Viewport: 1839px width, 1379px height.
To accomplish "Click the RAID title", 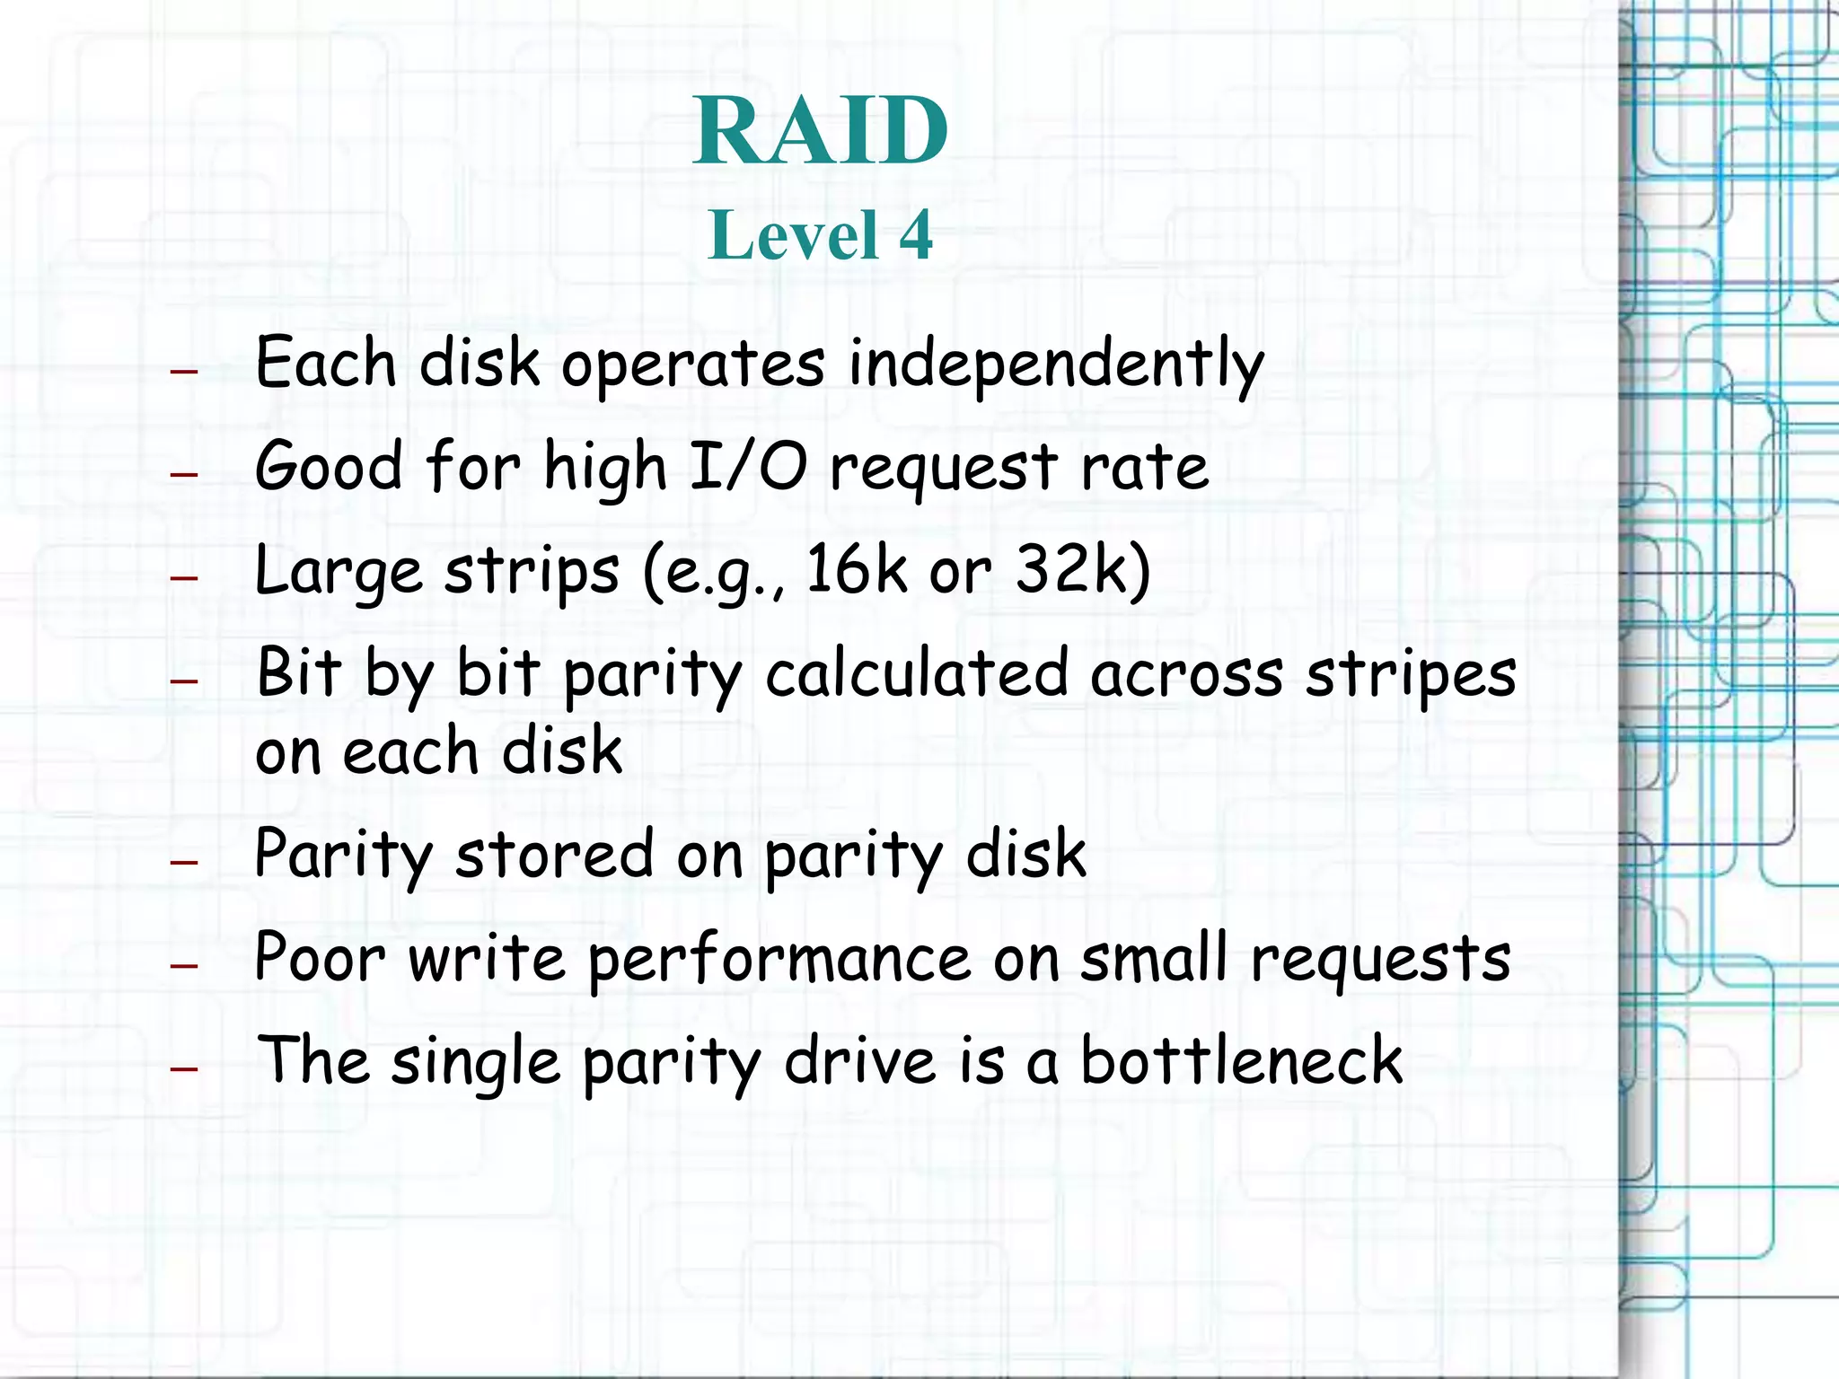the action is pyautogui.click(x=820, y=131).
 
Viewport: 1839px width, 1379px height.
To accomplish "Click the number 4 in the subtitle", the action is pyautogui.click(x=916, y=235).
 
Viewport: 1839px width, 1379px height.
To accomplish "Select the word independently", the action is pyautogui.click(x=1056, y=365).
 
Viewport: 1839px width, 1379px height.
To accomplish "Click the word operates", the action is pyautogui.click(x=692, y=365).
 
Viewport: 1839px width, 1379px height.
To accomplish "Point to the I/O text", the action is pyautogui.click(x=748, y=468).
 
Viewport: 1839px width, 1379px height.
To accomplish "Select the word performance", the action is pyautogui.click(x=779, y=960).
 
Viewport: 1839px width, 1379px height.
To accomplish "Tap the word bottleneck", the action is pyautogui.click(x=1240, y=1060).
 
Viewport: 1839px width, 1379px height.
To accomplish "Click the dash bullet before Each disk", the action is pyautogui.click(x=184, y=370).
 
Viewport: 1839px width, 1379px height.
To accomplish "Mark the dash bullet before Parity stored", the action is pyautogui.click(x=184, y=863).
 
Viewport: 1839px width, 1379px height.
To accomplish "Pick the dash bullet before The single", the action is pyautogui.click(x=184, y=1069).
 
